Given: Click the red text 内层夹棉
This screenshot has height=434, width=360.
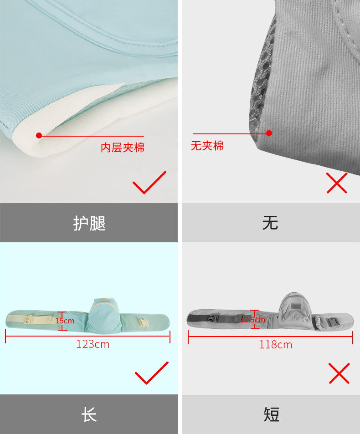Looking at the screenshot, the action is [x=123, y=148].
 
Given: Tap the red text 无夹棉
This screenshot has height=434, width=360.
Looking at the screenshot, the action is [x=207, y=146].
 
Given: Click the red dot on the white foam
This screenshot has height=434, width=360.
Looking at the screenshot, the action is [x=39, y=135].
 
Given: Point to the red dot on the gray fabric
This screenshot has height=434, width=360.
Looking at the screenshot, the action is [x=269, y=133].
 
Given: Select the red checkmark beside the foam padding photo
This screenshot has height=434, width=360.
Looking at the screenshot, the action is [x=149, y=183].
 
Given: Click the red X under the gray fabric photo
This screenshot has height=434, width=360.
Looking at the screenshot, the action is [x=337, y=183].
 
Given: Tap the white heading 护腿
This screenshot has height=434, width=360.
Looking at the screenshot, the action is [x=89, y=223].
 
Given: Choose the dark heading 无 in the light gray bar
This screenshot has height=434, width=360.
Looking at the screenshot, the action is [x=270, y=223].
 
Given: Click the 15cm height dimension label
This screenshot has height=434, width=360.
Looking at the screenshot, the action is [x=65, y=321].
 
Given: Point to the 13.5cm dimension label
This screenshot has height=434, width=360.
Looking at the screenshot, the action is [x=252, y=320].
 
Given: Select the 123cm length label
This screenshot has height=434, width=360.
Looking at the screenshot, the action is [x=93, y=344].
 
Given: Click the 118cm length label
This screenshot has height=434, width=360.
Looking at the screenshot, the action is [x=276, y=345].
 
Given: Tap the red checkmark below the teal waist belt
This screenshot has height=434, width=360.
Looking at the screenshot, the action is [x=152, y=373].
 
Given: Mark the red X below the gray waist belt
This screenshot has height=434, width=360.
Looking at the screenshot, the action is [x=339, y=373].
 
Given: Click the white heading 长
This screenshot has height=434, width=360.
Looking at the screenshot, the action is [x=89, y=414].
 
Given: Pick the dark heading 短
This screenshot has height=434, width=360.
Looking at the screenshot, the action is [x=272, y=414].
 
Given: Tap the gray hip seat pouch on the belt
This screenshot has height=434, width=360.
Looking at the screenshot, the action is [x=295, y=311].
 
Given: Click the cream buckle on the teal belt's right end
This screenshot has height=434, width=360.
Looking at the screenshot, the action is [x=144, y=322].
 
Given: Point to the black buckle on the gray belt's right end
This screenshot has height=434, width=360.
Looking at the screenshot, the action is [x=332, y=322].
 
